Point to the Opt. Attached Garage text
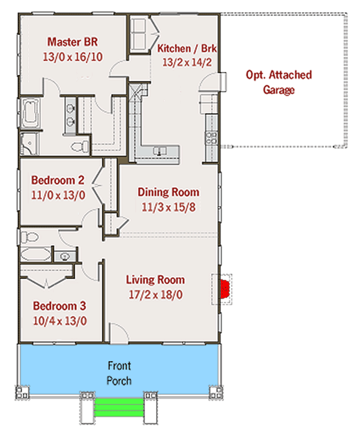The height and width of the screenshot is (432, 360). pos(279,83)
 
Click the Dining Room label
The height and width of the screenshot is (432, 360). pos(168,193)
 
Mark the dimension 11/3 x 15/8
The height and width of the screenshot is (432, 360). pos(168,207)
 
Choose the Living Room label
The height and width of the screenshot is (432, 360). pos(155,280)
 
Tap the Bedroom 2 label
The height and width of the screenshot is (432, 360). pos(58,179)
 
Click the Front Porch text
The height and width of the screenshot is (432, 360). pos(119,373)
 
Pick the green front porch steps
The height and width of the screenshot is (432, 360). pos(119,408)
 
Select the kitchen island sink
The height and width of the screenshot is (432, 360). pos(158,151)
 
